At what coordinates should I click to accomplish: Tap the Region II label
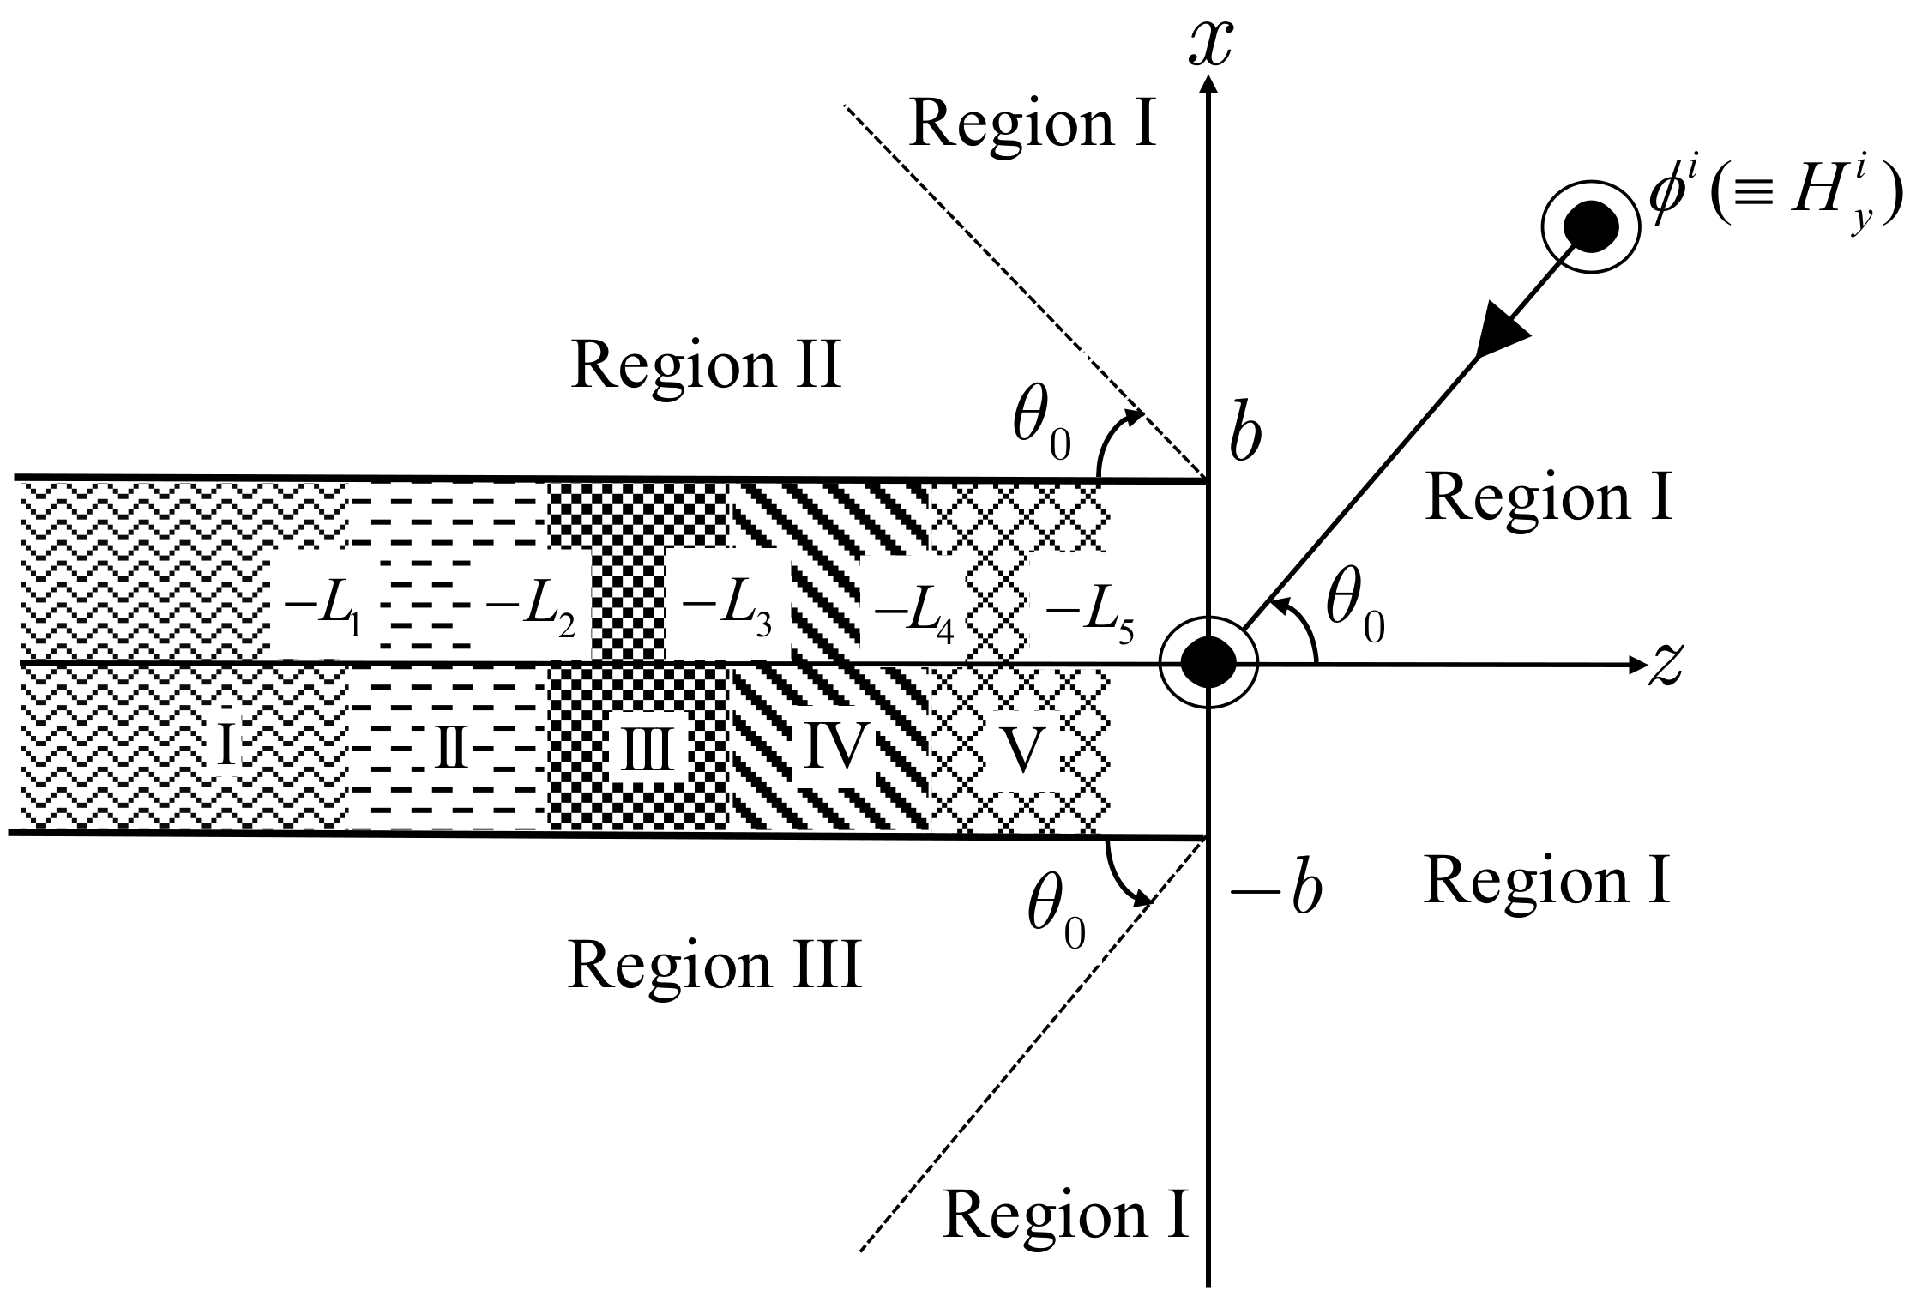point(706,365)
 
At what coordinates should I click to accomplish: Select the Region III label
point(714,965)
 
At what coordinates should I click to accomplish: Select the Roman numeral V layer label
point(1022,750)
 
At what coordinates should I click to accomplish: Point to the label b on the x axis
point(1244,437)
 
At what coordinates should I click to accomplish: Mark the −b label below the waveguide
point(1275,893)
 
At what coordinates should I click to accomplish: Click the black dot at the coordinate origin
point(1208,663)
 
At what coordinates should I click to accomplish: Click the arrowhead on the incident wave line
point(1501,335)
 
